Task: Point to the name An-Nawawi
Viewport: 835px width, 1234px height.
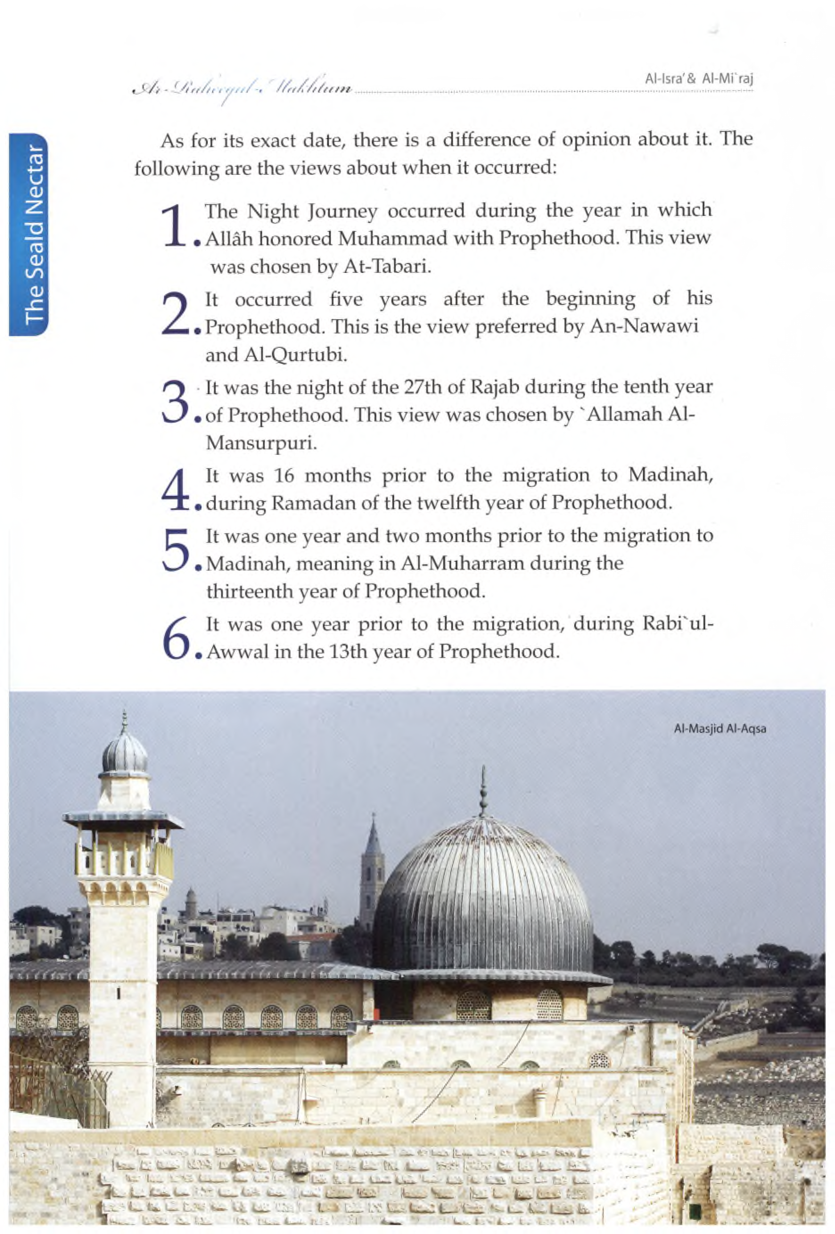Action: point(643,326)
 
